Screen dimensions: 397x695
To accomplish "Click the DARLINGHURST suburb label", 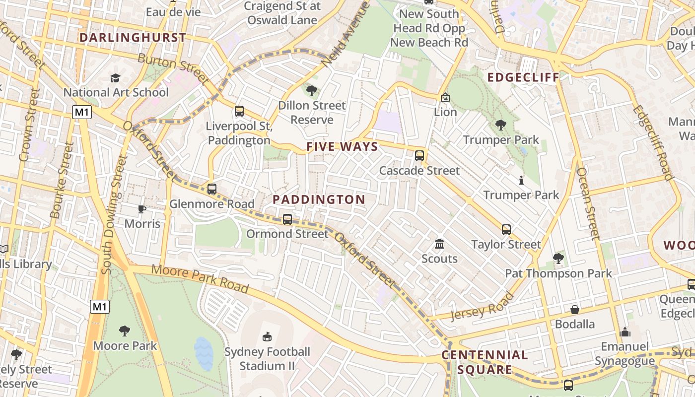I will [133, 38].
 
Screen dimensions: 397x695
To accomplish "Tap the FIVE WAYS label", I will [342, 147].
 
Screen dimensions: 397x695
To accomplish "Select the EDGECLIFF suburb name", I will [523, 77].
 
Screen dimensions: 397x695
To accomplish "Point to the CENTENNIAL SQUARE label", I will [485, 362].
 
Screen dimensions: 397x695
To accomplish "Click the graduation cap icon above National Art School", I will [116, 78].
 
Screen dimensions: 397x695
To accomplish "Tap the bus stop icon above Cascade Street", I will [419, 156].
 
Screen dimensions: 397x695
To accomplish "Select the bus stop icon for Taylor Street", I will [506, 229].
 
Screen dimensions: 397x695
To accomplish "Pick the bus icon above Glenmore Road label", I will [212, 189].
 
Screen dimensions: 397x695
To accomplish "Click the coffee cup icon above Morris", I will [142, 209].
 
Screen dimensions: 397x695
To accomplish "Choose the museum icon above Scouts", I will [439, 244].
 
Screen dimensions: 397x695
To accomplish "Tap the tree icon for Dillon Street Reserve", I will [312, 91].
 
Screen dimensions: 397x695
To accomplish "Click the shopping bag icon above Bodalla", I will [575, 310].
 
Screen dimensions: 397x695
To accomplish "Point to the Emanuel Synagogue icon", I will [625, 331].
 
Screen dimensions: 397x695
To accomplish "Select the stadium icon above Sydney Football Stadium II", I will [267, 337].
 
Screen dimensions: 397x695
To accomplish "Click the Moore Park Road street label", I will [200, 278].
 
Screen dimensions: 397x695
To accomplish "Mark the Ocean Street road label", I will [589, 203].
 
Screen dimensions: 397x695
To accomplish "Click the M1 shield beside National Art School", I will [82, 112].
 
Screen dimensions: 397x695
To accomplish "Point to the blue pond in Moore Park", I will [204, 353].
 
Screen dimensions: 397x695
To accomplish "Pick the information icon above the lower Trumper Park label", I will [521, 180].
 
